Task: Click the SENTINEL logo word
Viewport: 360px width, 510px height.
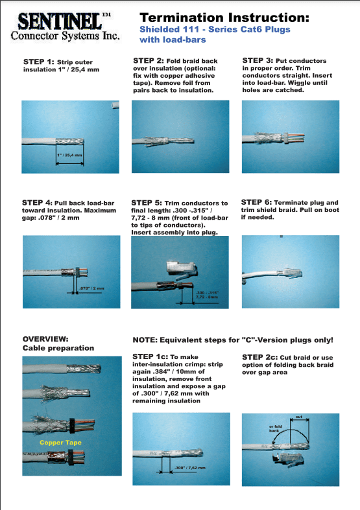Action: tap(60, 21)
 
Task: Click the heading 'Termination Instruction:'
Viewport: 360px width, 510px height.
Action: tap(224, 17)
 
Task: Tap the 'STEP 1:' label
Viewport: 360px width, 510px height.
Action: tap(38, 62)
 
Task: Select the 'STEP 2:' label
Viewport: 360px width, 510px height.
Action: tap(148, 60)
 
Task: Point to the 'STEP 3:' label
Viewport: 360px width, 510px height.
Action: tap(258, 60)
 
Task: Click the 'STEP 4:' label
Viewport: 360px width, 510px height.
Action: tap(37, 203)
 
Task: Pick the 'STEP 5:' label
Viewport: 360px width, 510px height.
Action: tap(147, 203)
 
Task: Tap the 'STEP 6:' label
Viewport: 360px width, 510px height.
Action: tap(256, 202)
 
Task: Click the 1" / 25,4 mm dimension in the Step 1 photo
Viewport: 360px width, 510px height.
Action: tap(69, 155)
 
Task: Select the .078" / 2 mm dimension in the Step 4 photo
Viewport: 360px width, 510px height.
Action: tap(92, 288)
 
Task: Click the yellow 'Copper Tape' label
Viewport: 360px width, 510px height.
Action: tap(60, 443)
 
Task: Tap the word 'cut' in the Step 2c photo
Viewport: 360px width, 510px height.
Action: tap(299, 417)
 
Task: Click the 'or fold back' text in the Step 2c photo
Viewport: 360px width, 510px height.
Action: tap(276, 428)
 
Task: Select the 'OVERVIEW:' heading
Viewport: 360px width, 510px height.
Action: tap(45, 339)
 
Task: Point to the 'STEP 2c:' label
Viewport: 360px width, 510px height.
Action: tap(259, 357)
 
